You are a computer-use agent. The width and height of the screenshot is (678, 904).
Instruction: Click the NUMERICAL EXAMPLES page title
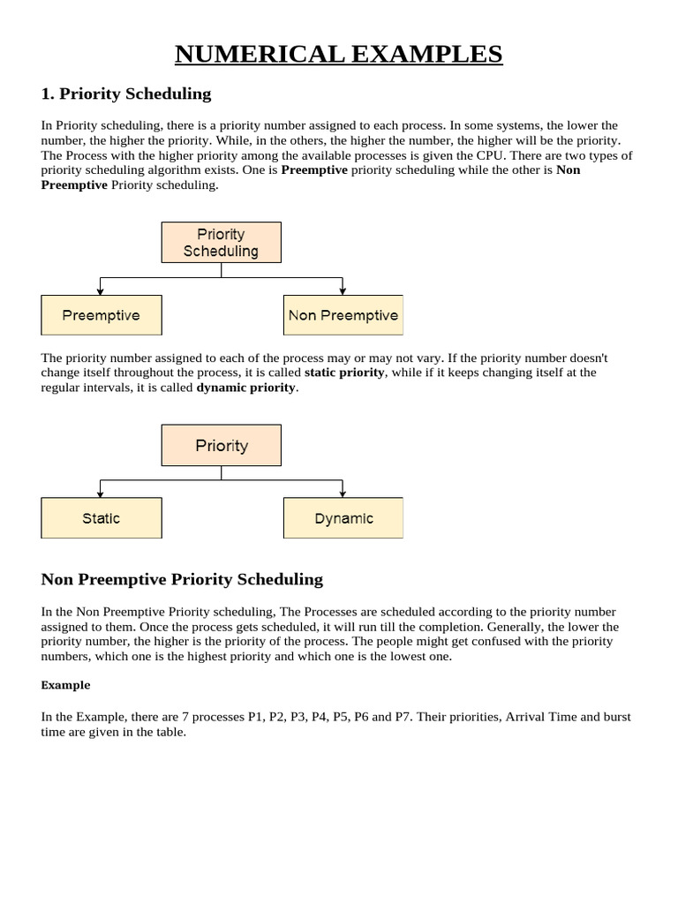tap(338, 54)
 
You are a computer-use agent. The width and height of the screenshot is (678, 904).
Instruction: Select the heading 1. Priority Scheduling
tap(126, 94)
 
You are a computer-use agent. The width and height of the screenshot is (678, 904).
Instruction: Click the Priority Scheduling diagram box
tap(221, 242)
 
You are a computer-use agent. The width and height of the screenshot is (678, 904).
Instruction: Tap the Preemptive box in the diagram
tap(101, 315)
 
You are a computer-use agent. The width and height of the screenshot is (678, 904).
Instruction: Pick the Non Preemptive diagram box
tap(343, 315)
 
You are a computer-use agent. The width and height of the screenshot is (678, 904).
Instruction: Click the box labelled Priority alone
tap(221, 445)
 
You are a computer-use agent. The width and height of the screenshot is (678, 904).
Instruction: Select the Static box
tap(101, 518)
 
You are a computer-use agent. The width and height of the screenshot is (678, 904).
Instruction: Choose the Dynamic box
tap(343, 518)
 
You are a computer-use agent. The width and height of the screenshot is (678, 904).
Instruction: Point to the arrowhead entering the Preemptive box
tap(101, 290)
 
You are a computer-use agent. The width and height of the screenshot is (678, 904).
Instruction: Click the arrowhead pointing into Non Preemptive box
tap(343, 290)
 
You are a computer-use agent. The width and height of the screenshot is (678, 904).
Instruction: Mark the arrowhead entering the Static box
tap(101, 493)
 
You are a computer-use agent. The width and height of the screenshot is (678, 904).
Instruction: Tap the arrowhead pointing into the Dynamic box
tap(343, 493)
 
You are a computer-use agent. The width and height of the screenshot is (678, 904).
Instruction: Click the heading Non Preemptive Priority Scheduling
tap(182, 579)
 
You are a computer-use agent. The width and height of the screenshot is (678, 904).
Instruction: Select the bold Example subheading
tap(65, 685)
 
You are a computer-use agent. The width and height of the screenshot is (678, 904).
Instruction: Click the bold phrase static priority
tap(344, 373)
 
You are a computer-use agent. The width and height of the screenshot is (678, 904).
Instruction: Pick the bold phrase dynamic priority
tap(246, 388)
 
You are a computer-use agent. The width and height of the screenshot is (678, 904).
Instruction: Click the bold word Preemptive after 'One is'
tap(314, 169)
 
